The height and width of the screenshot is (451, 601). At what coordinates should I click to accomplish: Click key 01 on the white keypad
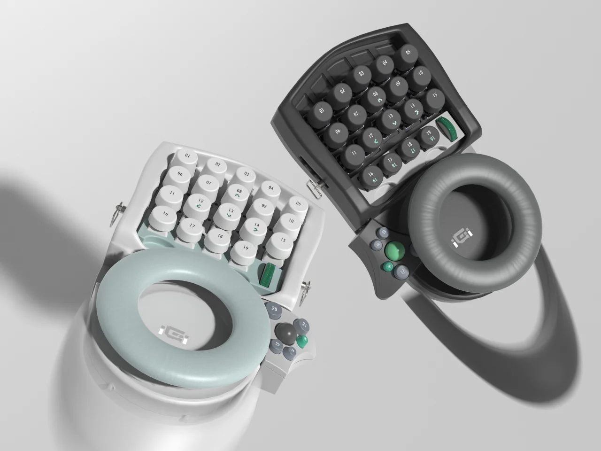188,156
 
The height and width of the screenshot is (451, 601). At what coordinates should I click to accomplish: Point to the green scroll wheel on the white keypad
270,275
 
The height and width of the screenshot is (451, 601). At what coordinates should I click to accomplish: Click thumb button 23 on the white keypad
277,345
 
